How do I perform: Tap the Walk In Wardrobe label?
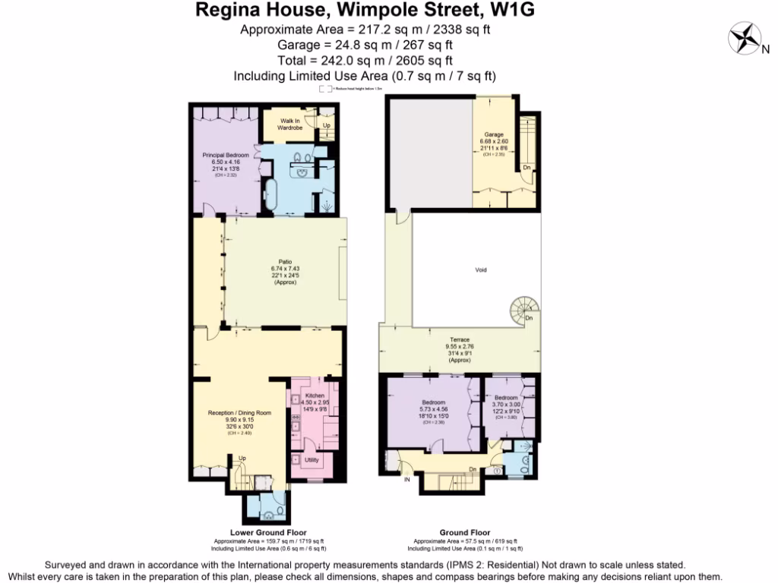pos(289,124)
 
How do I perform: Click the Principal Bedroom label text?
pos(226,155)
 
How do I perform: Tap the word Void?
pos(481,270)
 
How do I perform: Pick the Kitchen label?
pos(315,396)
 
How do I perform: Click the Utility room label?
pos(312,460)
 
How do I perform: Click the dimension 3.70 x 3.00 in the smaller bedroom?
pos(506,407)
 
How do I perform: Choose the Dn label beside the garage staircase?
pos(527,166)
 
